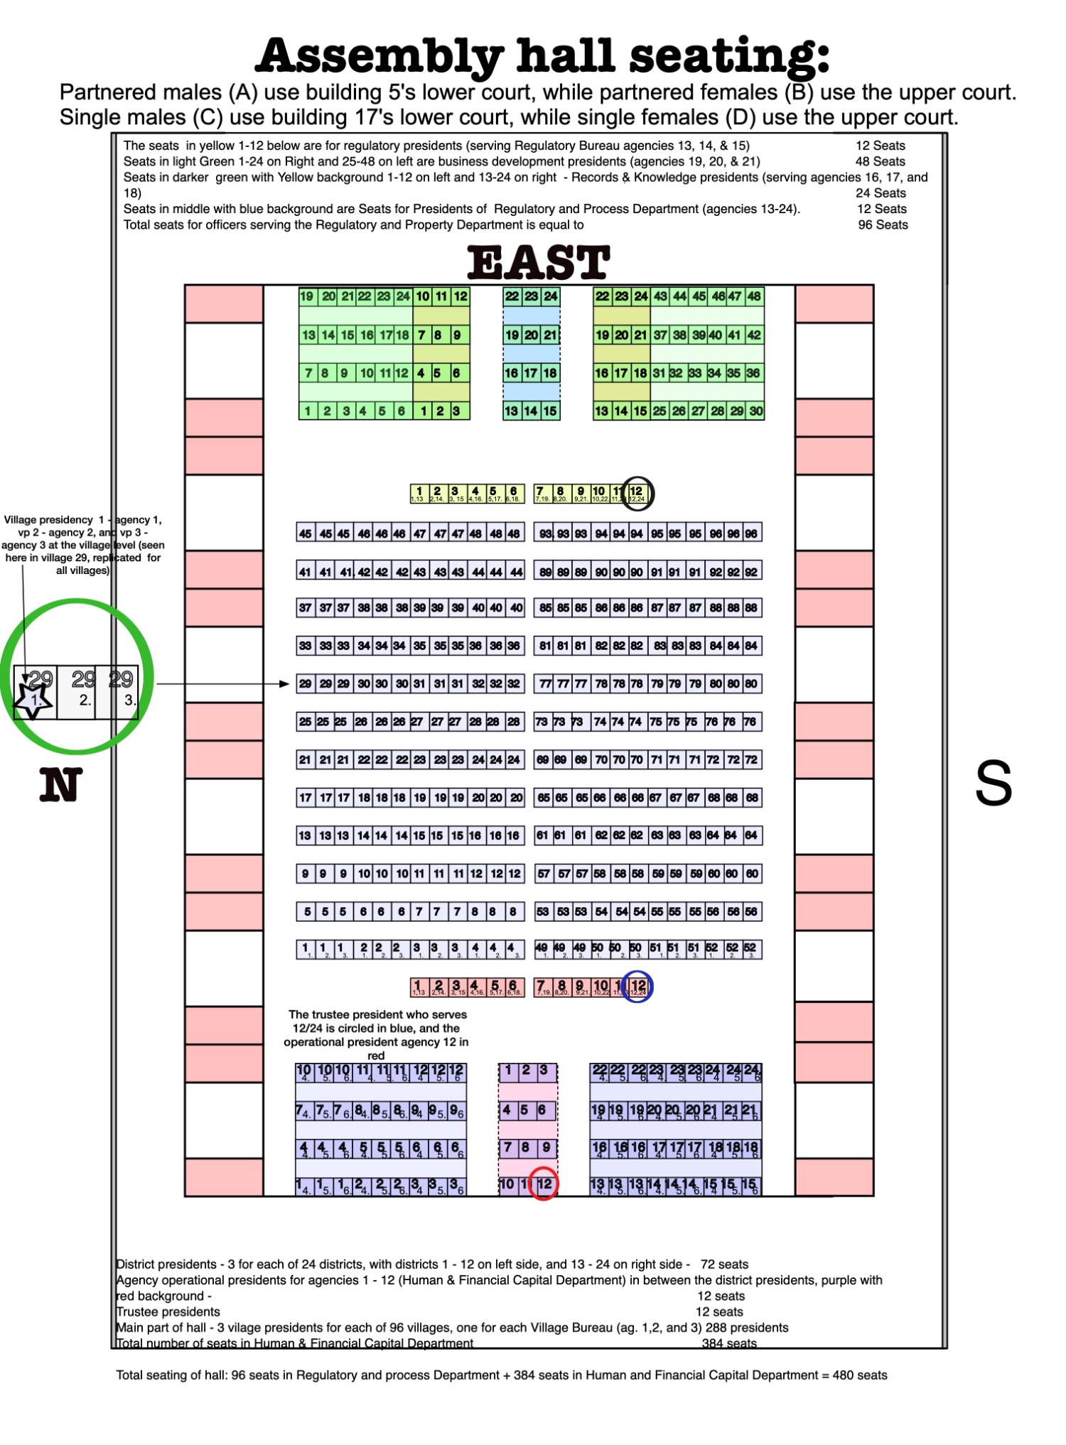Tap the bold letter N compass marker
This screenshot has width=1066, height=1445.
click(x=60, y=785)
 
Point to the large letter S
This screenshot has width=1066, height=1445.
click(x=993, y=784)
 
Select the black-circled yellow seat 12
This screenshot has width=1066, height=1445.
click(x=637, y=493)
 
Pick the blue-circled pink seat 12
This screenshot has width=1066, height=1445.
click(x=638, y=987)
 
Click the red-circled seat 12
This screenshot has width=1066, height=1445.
click(x=544, y=1184)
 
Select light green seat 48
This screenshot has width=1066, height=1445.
click(x=754, y=296)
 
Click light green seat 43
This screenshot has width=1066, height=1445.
click(x=660, y=296)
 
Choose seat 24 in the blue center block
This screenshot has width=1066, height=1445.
click(x=551, y=296)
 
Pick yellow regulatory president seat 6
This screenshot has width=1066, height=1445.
click(x=514, y=493)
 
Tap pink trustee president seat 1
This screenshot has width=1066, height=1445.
click(x=419, y=987)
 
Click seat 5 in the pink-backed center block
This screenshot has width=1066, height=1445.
click(x=527, y=1110)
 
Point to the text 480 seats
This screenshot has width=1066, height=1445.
click(x=860, y=1375)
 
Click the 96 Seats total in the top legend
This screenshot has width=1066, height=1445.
click(x=883, y=224)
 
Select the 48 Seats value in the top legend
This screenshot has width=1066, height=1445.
click(x=880, y=161)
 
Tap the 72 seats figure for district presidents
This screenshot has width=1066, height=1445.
click(x=724, y=1264)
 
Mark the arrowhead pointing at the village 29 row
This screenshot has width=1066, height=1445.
click(x=284, y=683)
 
